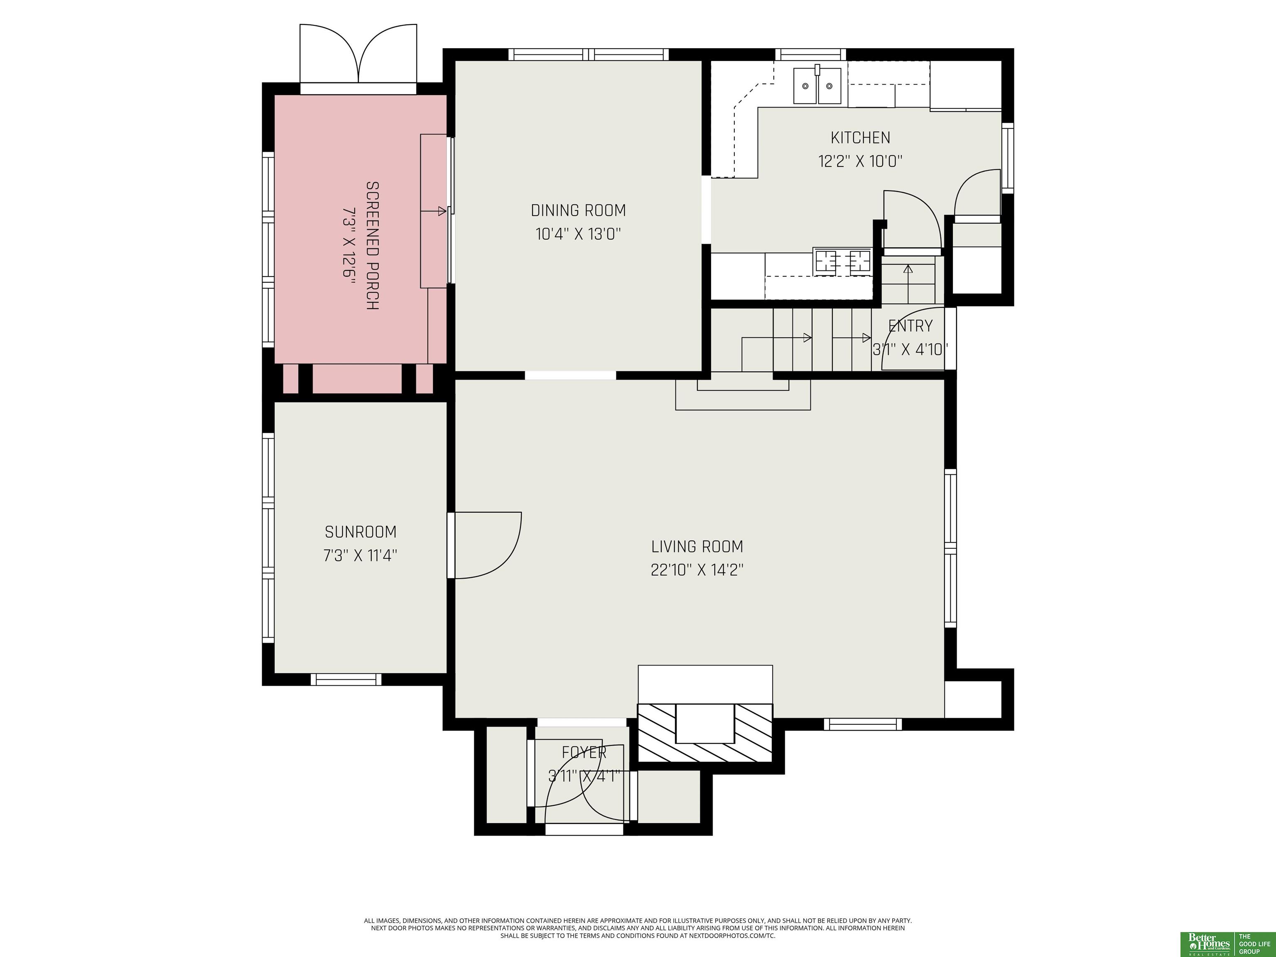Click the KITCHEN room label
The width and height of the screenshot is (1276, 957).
tap(860, 138)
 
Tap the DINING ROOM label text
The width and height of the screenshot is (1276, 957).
tap(578, 211)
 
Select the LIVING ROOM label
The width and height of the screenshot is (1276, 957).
tap(697, 546)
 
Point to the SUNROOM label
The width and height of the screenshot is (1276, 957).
tap(361, 531)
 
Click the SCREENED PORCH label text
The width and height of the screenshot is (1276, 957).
tap(373, 246)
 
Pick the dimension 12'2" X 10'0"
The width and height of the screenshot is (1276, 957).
tap(860, 161)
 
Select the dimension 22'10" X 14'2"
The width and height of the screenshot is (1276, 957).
tap(697, 570)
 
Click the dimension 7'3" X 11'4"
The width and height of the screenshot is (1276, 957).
tap(361, 555)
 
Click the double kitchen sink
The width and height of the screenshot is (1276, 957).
tap(817, 86)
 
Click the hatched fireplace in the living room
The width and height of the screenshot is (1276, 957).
tap(704, 733)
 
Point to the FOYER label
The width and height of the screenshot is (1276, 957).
tap(584, 752)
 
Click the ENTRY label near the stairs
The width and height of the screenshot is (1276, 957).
tap(910, 326)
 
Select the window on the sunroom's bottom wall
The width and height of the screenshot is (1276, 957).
tap(346, 679)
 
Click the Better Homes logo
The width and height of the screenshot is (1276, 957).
tap(1208, 942)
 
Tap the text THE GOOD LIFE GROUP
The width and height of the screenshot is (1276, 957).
tap(1255, 942)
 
